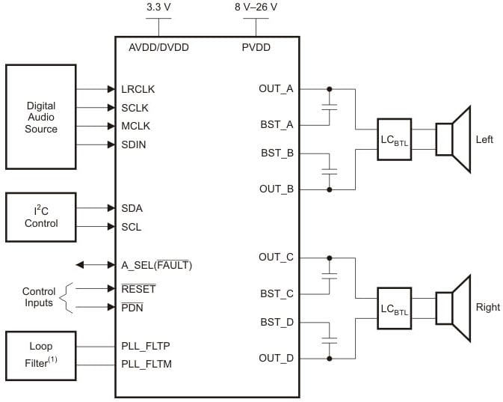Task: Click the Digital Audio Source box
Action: click(x=41, y=117)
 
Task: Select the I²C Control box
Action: click(x=41, y=217)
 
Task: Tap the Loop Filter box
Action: click(x=41, y=353)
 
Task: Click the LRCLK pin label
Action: click(x=139, y=89)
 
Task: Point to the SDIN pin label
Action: click(x=134, y=144)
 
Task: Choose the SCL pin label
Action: click(x=132, y=227)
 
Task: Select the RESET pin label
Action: click(x=138, y=289)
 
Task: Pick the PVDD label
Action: click(x=256, y=47)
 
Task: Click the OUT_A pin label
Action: click(x=276, y=89)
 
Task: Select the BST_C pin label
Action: click(x=277, y=293)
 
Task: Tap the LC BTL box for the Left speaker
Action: click(x=394, y=140)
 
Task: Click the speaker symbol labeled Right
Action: click(x=453, y=308)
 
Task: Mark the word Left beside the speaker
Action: click(x=484, y=140)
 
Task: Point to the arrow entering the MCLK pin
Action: click(x=96, y=126)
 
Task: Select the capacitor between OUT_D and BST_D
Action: click(x=329, y=340)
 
